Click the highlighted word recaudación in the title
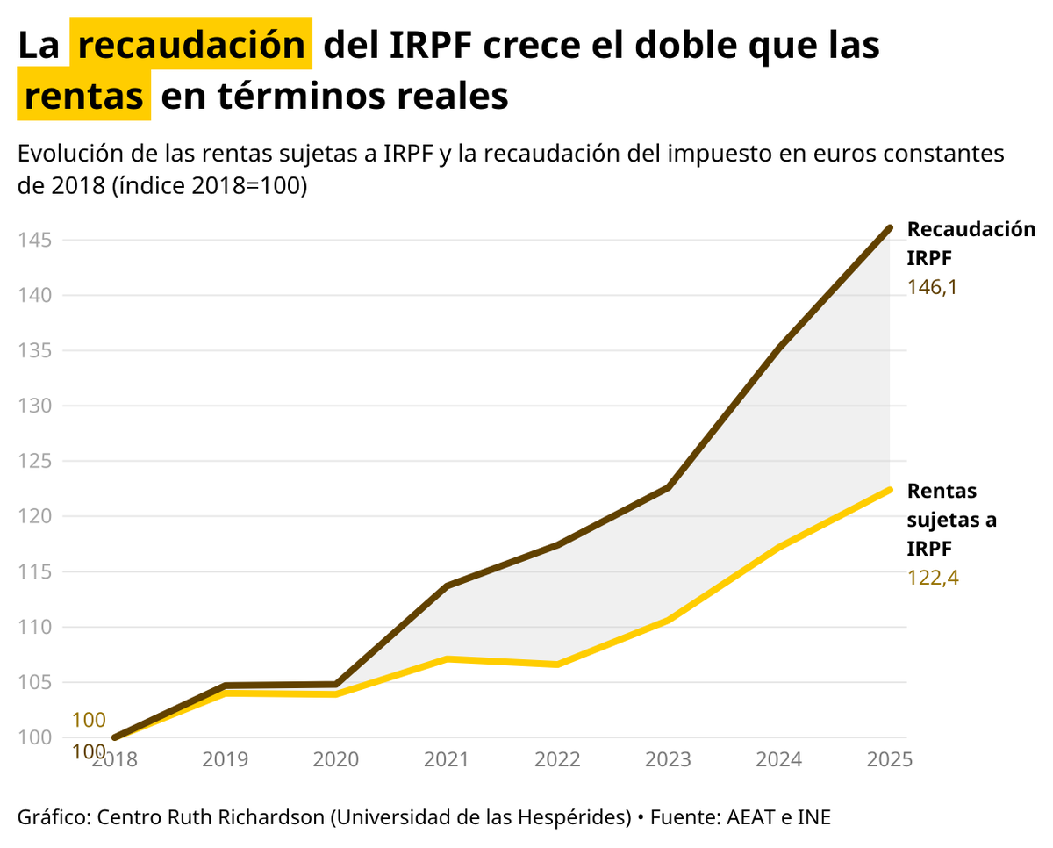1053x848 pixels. coord(191,45)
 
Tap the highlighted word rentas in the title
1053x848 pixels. coord(83,96)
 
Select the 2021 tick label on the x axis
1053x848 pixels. coord(447,759)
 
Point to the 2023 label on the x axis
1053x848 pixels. coord(669,759)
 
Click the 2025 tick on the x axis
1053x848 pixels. coord(889,759)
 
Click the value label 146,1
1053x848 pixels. coord(932,287)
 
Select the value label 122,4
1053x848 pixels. coord(932,578)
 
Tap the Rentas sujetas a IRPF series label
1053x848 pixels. coord(951,519)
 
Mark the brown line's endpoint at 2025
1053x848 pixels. coord(890,228)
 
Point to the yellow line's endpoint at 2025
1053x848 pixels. coord(890,490)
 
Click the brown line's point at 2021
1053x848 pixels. coord(447,586)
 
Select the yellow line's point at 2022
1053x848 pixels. coord(557,665)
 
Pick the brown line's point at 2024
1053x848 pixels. coord(779,349)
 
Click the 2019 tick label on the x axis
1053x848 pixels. coord(226,759)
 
